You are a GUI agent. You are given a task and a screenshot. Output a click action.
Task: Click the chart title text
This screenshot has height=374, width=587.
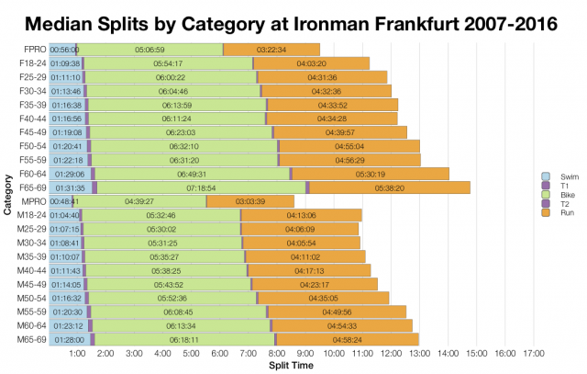[293, 20]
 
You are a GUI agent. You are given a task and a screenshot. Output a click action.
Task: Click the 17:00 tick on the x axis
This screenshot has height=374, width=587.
[534, 354]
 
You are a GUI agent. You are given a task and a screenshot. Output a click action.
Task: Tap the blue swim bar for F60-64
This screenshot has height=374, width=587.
[70, 174]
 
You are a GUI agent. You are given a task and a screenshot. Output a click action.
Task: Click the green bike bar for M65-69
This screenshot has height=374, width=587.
[183, 339]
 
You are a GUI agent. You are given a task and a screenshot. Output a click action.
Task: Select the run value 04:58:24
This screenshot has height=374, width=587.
[347, 339]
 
